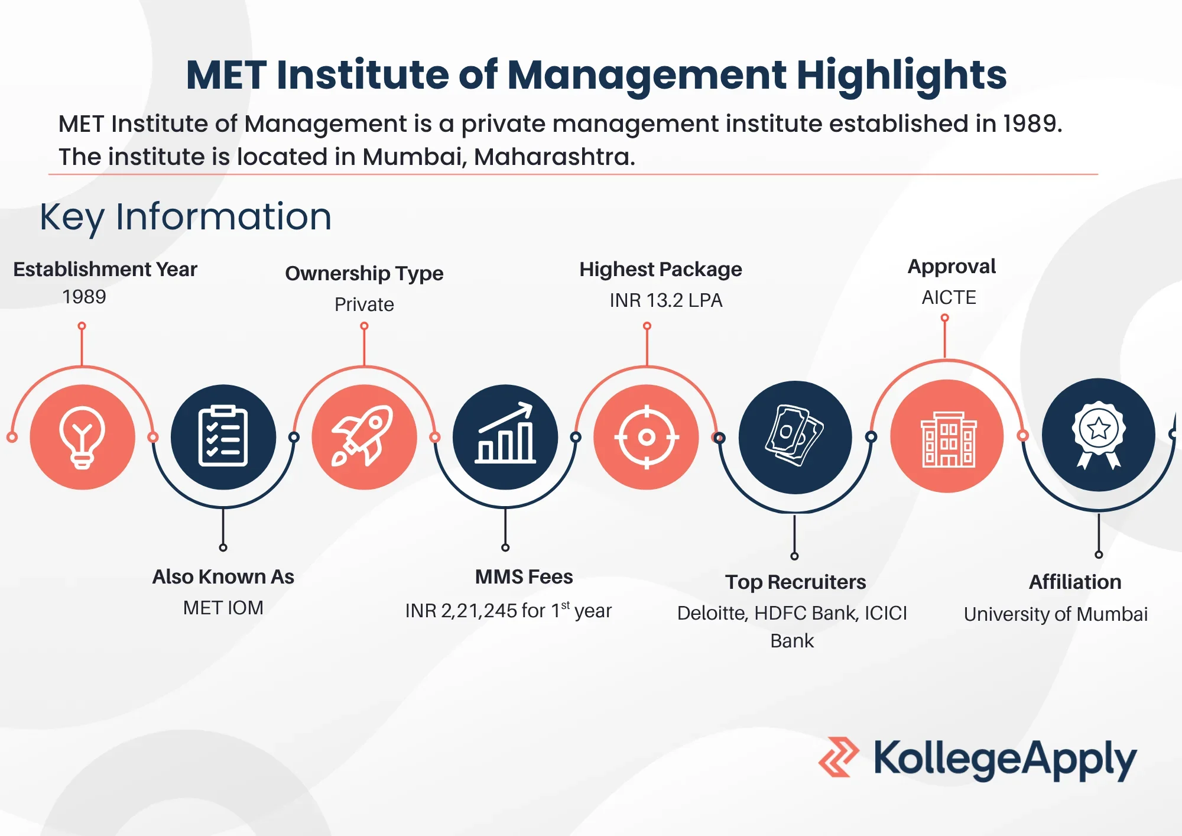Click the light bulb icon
tap(82, 438)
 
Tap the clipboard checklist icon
tap(223, 436)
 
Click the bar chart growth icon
tap(505, 433)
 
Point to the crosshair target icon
tap(647, 438)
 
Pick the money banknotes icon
tap(794, 436)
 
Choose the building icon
tap(948, 439)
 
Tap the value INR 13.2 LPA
tap(666, 300)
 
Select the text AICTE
tap(949, 297)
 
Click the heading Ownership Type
tap(364, 273)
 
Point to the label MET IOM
tap(223, 608)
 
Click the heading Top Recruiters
tap(795, 582)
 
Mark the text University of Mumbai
tap(1056, 614)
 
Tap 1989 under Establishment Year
tap(84, 297)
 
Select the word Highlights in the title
tap(901, 76)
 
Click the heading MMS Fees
tap(524, 577)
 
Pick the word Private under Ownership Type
tap(364, 304)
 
